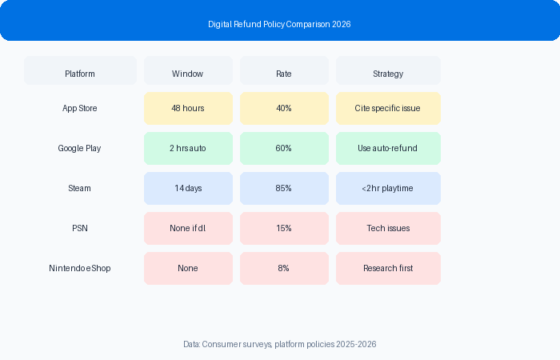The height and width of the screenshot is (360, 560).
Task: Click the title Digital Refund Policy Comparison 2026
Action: point(279,24)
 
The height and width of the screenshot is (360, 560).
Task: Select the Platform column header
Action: point(80,70)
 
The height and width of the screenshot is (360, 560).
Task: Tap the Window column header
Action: point(188,70)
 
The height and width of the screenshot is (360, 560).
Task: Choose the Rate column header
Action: point(284,70)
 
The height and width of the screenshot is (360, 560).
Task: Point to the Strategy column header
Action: point(388,70)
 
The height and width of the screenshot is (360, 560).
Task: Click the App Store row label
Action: point(80,108)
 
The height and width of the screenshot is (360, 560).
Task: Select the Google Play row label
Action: point(79,148)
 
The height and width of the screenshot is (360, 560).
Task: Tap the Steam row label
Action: point(79,188)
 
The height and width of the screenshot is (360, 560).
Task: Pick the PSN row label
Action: point(80,228)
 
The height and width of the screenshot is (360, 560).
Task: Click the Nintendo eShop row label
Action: point(80,268)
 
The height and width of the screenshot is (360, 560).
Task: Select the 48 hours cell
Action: point(188,108)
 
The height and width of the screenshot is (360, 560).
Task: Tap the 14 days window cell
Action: point(188,188)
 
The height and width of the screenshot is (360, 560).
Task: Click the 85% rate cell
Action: point(284,188)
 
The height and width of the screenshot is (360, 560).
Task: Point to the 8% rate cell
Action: point(284,268)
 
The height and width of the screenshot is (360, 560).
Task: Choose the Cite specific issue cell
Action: point(388,108)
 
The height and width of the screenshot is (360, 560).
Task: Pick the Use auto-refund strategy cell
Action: point(388,148)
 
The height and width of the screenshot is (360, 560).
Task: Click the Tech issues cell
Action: point(388,228)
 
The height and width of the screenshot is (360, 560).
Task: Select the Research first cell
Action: point(388,268)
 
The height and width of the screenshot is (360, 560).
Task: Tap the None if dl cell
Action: point(188,228)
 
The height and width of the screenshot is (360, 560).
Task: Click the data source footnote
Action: point(280,344)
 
